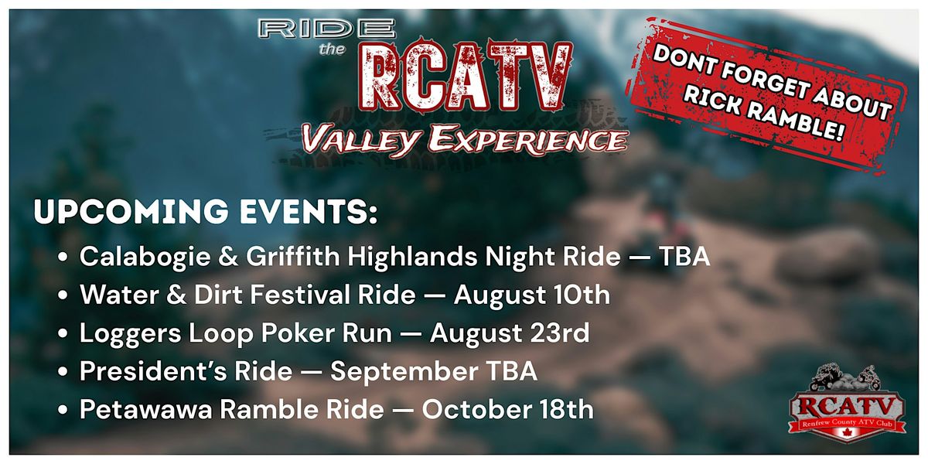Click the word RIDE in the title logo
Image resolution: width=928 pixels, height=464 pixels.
(326, 29)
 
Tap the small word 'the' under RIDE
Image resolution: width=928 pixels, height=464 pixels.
(332, 49)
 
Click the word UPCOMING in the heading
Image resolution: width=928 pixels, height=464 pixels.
(131, 212)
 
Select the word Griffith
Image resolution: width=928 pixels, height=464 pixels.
(293, 256)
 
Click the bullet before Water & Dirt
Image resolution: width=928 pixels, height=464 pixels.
(63, 295)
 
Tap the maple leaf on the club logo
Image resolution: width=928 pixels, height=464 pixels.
(846, 433)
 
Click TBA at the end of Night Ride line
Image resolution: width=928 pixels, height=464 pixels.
(684, 257)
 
